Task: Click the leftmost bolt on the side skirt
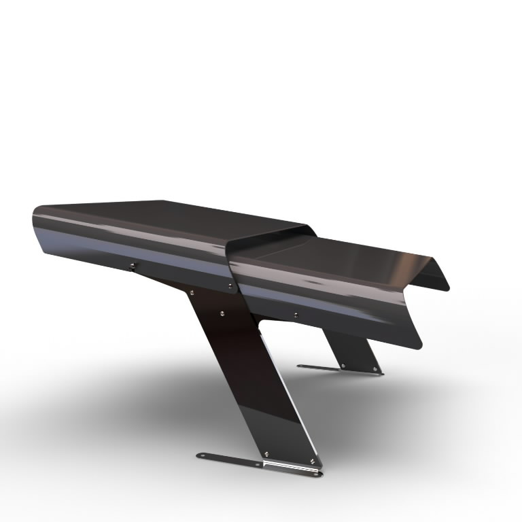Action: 133,265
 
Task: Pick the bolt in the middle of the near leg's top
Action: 222,314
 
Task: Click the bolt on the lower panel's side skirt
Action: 295,315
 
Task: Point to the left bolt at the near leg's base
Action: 266,453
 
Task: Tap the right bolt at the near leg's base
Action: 312,461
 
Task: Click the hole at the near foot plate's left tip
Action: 201,455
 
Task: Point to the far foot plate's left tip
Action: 300,366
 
